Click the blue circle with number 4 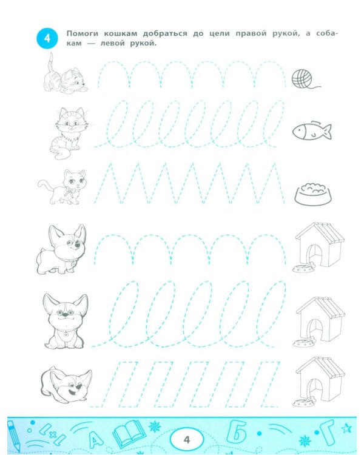point(47,39)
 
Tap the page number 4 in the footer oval point(187,440)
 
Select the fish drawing point(312,131)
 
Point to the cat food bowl point(314,194)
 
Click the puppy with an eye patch point(62,249)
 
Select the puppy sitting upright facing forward point(66,321)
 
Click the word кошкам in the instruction point(121,33)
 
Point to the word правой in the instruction point(251,33)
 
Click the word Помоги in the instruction point(83,33)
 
